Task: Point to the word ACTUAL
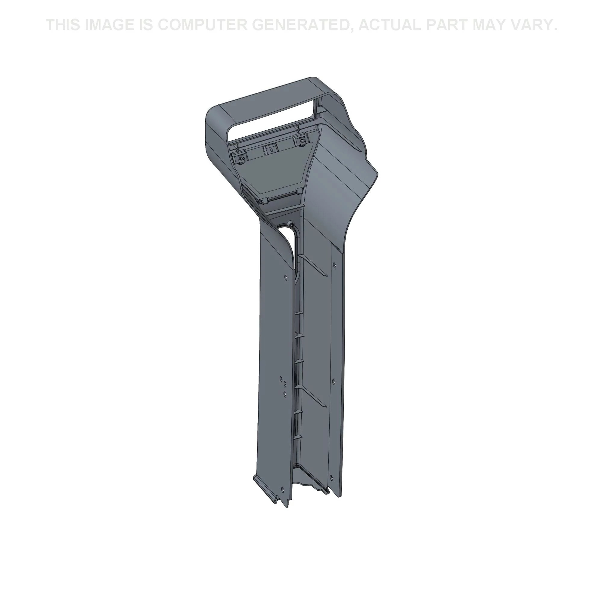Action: tap(389, 25)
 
